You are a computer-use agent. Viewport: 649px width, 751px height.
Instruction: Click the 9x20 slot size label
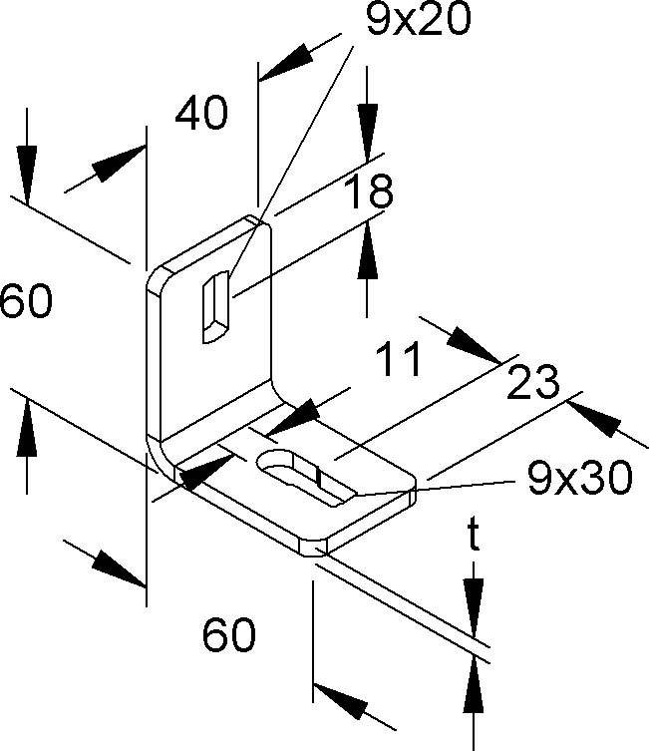point(419,19)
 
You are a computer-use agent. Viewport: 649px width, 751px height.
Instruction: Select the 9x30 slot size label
point(580,478)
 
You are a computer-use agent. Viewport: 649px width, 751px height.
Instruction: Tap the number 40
point(201,113)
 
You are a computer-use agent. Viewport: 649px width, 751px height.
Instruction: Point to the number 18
point(369,191)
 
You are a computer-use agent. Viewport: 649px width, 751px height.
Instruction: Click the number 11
point(398,359)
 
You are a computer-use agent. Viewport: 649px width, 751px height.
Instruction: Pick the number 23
point(532,382)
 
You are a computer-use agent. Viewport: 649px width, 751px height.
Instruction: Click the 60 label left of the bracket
point(25,301)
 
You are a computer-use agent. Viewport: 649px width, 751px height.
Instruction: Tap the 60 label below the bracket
point(229,634)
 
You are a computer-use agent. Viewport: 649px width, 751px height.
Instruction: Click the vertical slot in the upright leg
point(216,307)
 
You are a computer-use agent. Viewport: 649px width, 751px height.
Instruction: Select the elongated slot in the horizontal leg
point(306,477)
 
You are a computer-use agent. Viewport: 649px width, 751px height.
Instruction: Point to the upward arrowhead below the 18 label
point(367,249)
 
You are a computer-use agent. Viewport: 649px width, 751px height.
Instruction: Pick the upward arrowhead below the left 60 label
point(27,428)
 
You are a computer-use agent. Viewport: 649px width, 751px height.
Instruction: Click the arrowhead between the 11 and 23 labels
point(473,345)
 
